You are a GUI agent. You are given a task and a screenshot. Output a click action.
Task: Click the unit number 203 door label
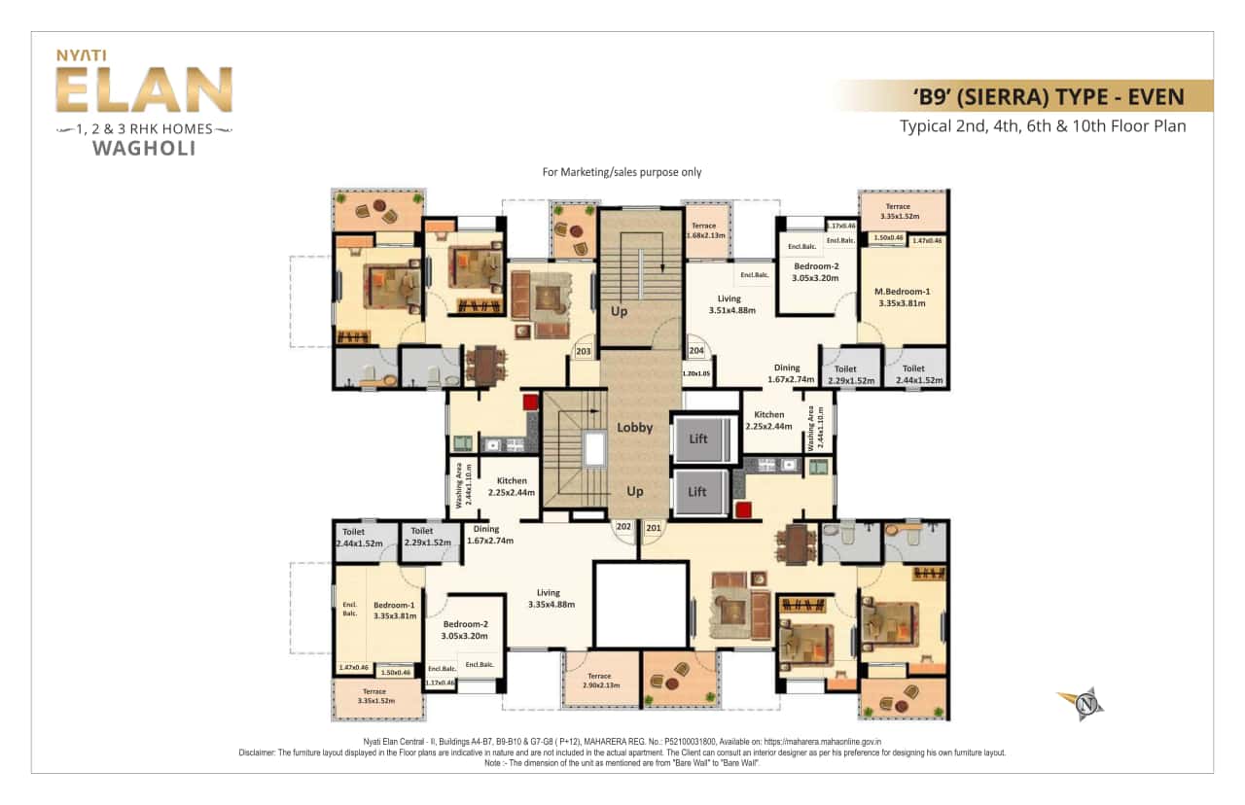(x=584, y=351)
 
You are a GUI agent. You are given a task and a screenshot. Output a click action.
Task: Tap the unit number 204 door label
(x=696, y=351)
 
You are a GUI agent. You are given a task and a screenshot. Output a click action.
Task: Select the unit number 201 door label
(x=653, y=528)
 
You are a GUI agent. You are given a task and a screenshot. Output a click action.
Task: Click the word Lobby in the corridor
(x=634, y=427)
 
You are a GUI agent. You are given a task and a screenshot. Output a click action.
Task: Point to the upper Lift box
(x=698, y=438)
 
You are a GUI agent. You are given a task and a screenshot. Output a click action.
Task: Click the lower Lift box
(x=697, y=491)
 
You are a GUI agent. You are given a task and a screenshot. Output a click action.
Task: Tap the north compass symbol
(x=1080, y=703)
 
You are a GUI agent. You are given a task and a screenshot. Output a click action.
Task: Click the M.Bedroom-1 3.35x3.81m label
(x=902, y=297)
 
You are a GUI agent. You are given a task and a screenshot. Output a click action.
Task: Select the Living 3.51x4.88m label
(x=729, y=304)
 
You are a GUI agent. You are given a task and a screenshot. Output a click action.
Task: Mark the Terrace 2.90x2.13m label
(x=599, y=682)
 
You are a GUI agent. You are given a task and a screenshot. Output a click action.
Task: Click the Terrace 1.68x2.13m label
(x=703, y=230)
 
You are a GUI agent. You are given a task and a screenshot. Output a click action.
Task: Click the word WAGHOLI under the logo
(x=144, y=149)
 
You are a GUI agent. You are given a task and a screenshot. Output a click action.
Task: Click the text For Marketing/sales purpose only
(x=622, y=172)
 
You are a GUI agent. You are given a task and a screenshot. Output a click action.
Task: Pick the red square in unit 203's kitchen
(x=530, y=402)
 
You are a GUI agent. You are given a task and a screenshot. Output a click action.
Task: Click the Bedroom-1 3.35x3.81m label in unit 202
(x=395, y=610)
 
